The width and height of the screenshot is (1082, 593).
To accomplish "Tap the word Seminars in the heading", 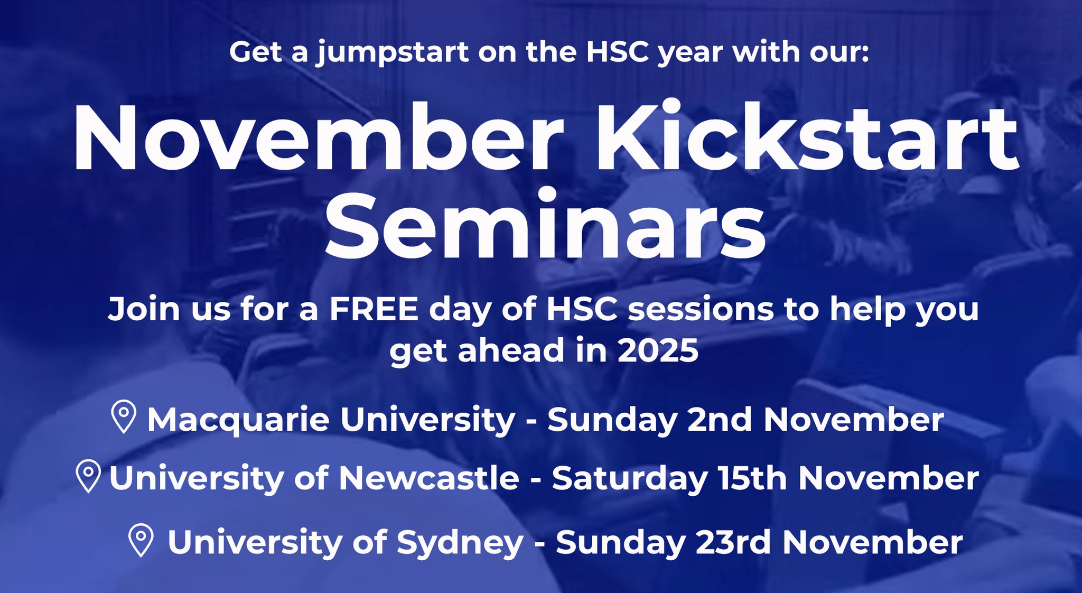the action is (x=545, y=224).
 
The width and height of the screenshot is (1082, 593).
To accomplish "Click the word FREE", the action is (x=374, y=309).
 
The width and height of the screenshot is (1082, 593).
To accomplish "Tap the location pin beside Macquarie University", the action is (x=124, y=417).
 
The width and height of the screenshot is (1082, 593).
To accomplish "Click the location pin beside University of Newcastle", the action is (x=89, y=476).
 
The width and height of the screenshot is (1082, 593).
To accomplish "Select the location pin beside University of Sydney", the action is (x=141, y=540).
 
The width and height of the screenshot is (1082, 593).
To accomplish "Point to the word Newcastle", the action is (x=429, y=478).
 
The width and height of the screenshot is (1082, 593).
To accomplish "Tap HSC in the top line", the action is (x=618, y=52).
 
